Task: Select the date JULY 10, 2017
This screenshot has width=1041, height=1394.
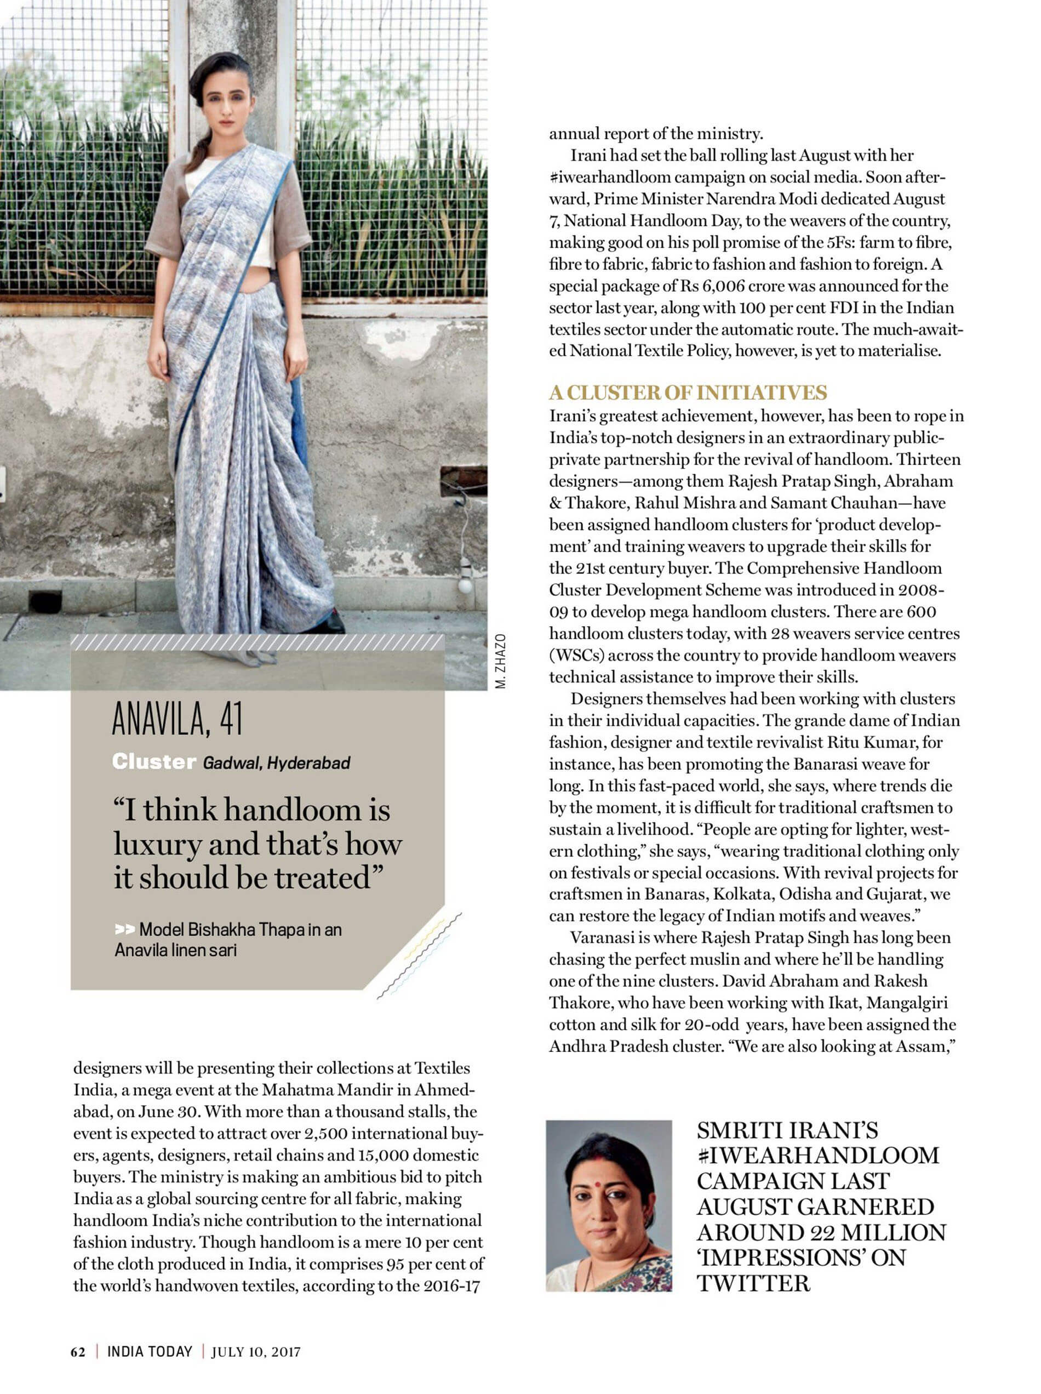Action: [256, 1352]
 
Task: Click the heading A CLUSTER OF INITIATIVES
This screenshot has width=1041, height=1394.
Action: [688, 392]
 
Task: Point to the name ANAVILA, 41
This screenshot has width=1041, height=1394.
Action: [177, 719]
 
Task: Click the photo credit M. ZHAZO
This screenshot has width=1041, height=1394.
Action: [500, 662]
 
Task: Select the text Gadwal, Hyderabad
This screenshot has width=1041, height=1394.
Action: [277, 763]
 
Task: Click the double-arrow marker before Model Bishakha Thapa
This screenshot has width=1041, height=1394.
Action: [125, 929]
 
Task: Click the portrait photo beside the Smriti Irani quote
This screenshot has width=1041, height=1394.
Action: [608, 1206]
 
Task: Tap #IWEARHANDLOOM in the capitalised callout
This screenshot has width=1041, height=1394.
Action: [817, 1156]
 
